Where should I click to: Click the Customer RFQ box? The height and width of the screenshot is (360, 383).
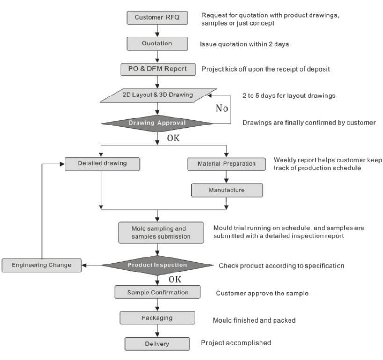coord(157,18)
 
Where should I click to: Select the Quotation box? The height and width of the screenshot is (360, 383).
coord(157,44)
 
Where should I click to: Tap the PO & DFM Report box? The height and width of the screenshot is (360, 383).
coord(158,69)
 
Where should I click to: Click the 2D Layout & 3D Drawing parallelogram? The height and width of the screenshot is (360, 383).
coord(158,95)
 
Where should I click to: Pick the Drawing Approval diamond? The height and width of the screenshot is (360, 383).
coord(157,123)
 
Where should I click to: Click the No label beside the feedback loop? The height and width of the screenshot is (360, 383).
coord(222,108)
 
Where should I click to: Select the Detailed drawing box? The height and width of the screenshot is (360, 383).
coord(102,164)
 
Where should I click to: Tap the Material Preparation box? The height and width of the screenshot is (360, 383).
coord(226,164)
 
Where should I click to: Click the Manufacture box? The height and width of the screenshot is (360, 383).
coord(227,190)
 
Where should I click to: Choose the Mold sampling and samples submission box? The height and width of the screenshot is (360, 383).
coord(161,233)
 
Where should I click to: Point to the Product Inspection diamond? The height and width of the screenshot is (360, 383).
coord(157,265)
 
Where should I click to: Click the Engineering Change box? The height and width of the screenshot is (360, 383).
coord(42,265)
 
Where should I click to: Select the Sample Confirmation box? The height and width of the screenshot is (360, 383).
coord(157,292)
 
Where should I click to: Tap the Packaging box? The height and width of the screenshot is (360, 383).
coord(157,318)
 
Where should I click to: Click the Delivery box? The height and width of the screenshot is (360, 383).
coord(157,344)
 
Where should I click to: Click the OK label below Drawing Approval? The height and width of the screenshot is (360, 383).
coord(173,138)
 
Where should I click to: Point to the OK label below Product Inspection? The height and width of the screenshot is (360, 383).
coord(174,279)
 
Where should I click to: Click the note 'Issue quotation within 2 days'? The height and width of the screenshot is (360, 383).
coord(244,44)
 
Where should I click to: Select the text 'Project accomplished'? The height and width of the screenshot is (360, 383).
coord(236,343)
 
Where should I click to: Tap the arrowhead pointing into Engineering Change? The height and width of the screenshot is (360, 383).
coord(84,265)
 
